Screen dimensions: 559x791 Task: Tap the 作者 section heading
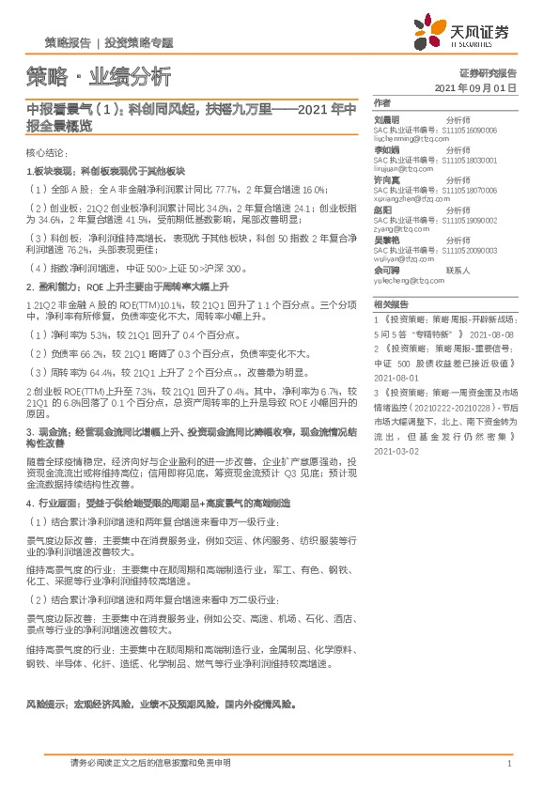point(381,102)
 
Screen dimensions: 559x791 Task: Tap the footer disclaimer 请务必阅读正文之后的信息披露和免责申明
point(150,763)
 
